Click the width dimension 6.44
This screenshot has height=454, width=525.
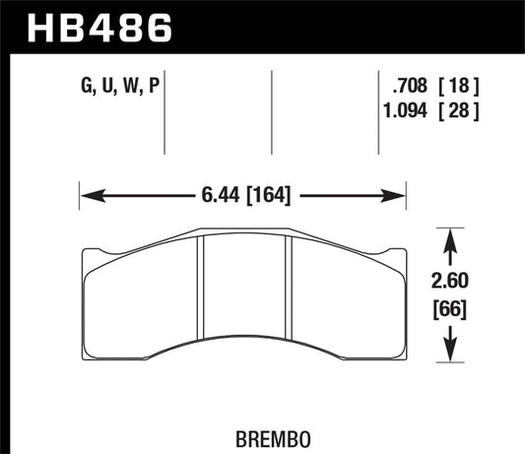click(x=215, y=195)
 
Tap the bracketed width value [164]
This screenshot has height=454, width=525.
click(x=266, y=195)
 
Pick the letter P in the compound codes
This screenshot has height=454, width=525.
click(x=154, y=88)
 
